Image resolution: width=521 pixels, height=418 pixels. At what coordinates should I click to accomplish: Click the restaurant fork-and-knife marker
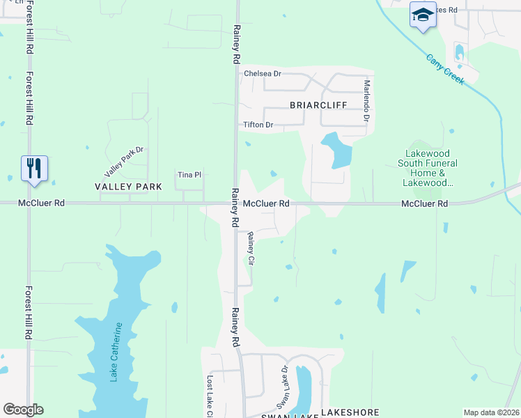(34, 168)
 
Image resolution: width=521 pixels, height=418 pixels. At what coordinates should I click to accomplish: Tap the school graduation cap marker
(422, 15)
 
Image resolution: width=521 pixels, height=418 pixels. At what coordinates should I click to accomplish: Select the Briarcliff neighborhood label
(318, 105)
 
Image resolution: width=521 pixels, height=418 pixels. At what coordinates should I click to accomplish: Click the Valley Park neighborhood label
(128, 187)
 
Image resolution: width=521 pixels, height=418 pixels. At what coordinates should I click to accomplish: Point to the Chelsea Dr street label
(262, 73)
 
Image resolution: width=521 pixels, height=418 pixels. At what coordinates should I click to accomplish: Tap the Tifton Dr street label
(257, 125)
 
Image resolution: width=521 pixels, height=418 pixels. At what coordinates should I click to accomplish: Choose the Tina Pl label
(189, 175)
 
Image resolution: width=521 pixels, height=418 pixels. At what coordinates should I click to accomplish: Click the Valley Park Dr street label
(123, 161)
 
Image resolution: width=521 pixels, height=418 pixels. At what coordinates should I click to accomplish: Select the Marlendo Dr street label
(366, 100)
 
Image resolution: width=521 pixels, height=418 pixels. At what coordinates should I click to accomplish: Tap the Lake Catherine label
(116, 352)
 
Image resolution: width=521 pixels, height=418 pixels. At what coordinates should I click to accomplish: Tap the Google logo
(23, 410)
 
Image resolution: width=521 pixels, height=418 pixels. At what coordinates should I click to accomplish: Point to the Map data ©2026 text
(490, 412)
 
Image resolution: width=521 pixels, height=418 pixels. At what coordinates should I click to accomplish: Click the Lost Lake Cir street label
(209, 396)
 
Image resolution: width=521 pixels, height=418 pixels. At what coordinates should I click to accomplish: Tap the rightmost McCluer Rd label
(424, 203)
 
